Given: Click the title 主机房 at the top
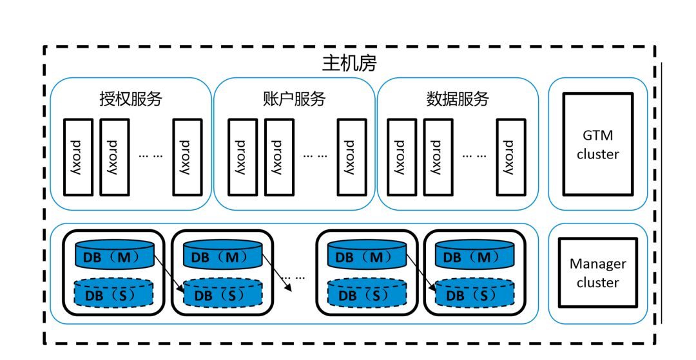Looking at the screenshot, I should [x=349, y=64].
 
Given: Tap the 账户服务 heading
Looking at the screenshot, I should [x=295, y=99].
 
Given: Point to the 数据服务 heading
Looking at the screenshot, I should [x=458, y=99].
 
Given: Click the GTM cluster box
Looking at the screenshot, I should [x=597, y=144].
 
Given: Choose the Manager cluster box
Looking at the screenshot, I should [x=597, y=273].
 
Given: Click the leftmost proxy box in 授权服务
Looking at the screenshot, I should [x=78, y=157].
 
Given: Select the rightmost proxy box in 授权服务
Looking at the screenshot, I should [x=187, y=157].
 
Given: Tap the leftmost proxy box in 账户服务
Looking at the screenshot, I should [x=241, y=157].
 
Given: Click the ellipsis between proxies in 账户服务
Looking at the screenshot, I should [x=315, y=155].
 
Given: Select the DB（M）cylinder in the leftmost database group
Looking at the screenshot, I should [x=115, y=256].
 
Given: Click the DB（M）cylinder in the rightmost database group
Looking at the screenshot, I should [x=474, y=256].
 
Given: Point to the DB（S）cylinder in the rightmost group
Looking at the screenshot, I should [x=474, y=294].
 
